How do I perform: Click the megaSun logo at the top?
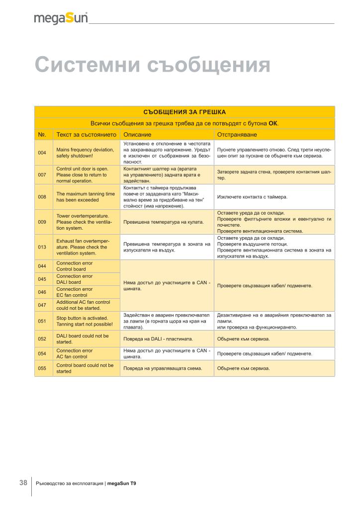(61, 18)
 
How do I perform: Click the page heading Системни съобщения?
(152, 65)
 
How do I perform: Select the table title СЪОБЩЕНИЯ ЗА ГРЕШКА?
(184, 112)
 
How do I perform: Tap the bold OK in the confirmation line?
(273, 123)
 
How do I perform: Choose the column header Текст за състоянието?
(87, 135)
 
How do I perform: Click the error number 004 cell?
(42, 153)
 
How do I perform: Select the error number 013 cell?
(42, 247)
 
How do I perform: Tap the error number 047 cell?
(42, 305)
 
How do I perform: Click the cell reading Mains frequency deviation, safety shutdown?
(85, 153)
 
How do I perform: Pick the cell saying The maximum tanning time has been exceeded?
(86, 197)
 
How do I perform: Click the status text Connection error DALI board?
(75, 279)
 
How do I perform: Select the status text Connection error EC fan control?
(75, 292)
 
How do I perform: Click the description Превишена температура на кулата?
(164, 222)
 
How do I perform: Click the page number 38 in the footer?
(23, 483)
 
